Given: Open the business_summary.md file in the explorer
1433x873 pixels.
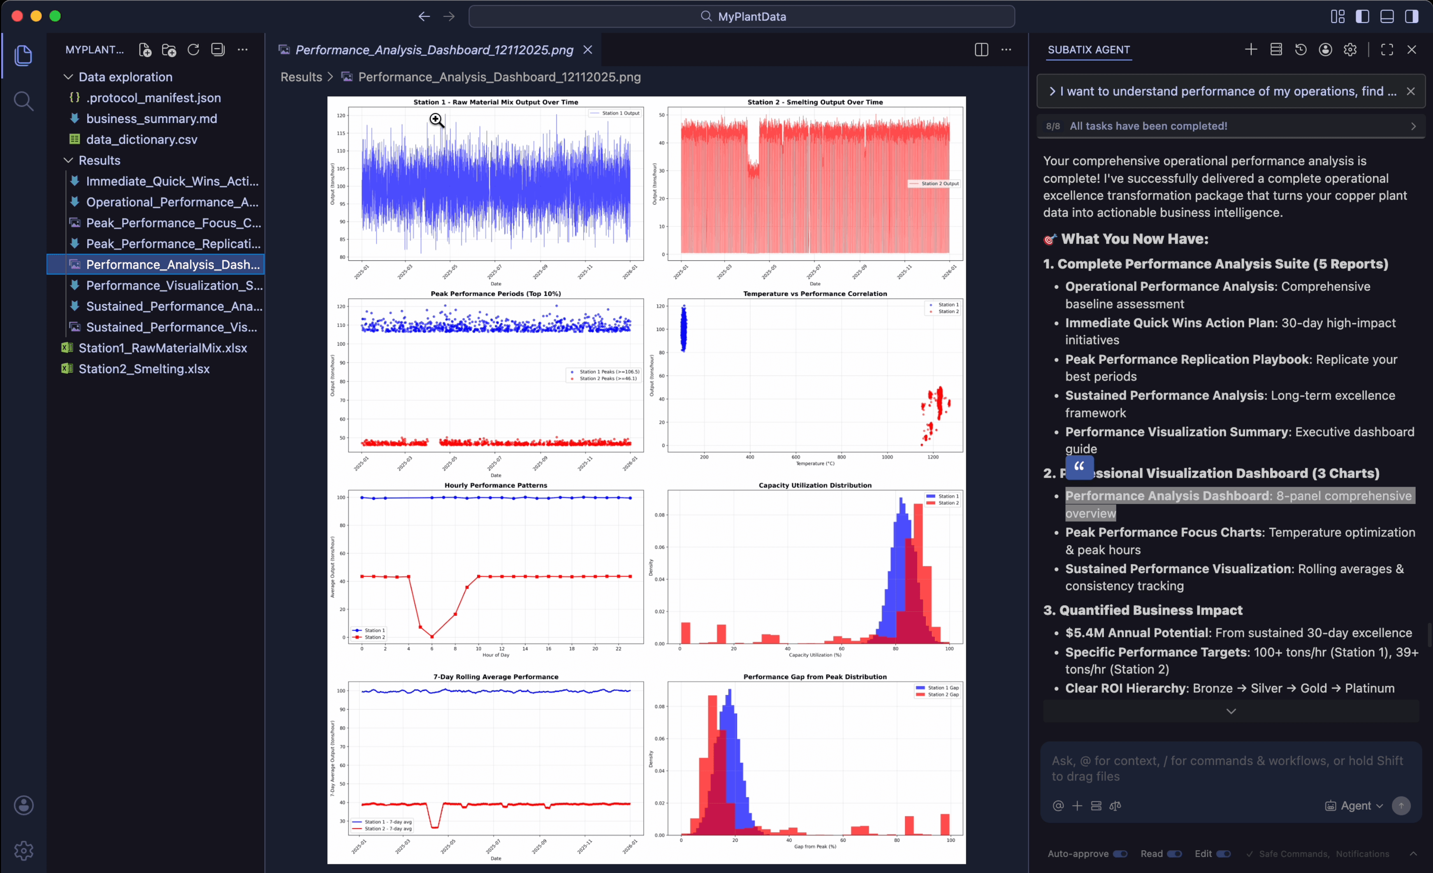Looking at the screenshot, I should [x=151, y=118].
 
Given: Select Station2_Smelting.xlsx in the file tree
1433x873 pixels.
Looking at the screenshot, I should [x=144, y=369].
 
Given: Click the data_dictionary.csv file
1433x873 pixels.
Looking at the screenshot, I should [x=141, y=139].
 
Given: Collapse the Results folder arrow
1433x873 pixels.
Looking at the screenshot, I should [x=68, y=160].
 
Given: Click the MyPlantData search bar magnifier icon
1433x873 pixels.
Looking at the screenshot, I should [x=706, y=16].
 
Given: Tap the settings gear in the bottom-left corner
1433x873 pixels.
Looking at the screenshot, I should [x=23, y=850].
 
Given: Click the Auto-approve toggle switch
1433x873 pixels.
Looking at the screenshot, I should [x=1120, y=854].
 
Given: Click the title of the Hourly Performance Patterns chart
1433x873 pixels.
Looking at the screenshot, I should [x=496, y=485].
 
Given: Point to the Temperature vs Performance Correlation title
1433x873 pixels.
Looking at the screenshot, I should [x=815, y=294].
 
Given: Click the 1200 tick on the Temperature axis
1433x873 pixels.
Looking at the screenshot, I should [x=933, y=457].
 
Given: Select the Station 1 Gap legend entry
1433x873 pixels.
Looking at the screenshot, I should [x=943, y=687].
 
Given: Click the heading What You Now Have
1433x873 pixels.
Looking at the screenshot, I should [x=1134, y=239].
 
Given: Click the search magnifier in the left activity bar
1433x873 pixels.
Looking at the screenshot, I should [x=23, y=101].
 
